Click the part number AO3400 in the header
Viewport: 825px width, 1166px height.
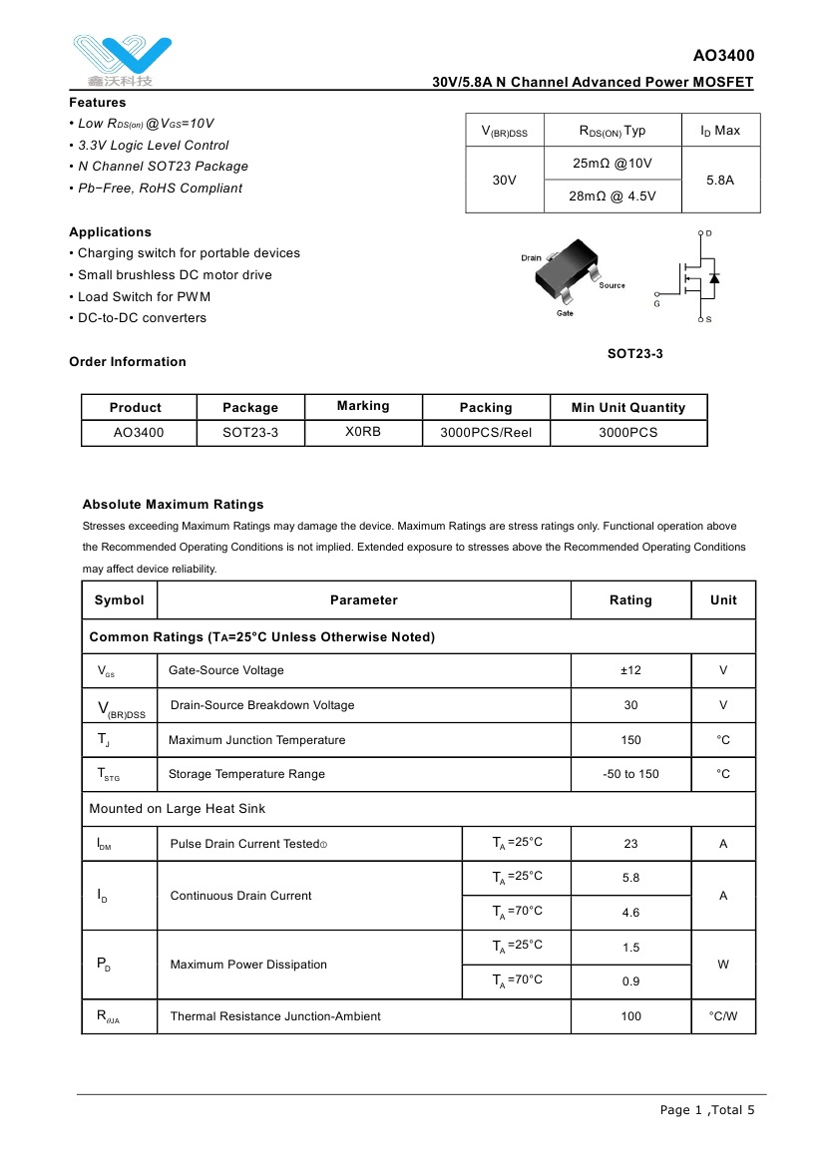pyautogui.click(x=723, y=56)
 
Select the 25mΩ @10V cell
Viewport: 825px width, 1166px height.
pyautogui.click(x=613, y=163)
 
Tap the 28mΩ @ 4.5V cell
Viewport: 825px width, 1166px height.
pyautogui.click(x=613, y=196)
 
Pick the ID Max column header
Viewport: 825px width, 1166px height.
pyautogui.click(x=719, y=131)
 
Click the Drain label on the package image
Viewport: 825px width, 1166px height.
pyautogui.click(x=531, y=258)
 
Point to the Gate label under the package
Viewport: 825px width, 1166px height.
pyautogui.click(x=565, y=314)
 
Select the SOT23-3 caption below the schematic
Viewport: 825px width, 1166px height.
pyautogui.click(x=635, y=354)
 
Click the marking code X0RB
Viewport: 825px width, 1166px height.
pyautogui.click(x=363, y=432)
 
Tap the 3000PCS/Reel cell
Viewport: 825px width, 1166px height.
pyautogui.click(x=486, y=433)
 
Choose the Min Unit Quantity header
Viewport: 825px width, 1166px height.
pyautogui.click(x=627, y=407)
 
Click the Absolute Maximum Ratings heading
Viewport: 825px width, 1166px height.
pyautogui.click(x=173, y=505)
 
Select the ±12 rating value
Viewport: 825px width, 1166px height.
pyautogui.click(x=630, y=670)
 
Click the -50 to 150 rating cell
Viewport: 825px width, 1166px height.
pyautogui.click(x=630, y=774)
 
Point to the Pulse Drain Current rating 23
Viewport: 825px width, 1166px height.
pyautogui.click(x=630, y=844)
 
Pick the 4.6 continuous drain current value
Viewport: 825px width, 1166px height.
pyautogui.click(x=630, y=913)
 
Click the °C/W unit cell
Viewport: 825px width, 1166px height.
pyautogui.click(x=723, y=1016)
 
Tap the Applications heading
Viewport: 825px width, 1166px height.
pyautogui.click(x=110, y=232)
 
